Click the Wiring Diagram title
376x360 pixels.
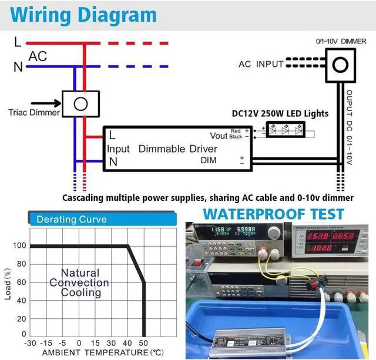click(85, 15)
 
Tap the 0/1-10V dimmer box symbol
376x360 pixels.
click(340, 63)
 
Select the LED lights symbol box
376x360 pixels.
click(288, 130)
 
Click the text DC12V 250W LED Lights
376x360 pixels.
click(280, 113)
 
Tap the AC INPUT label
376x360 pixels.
click(261, 64)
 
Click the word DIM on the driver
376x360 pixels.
click(209, 160)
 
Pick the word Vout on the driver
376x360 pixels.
click(219, 136)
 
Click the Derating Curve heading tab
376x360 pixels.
click(72, 220)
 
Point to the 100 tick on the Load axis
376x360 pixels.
click(20, 246)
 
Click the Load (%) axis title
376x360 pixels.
click(8, 283)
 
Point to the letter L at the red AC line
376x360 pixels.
click(18, 42)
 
